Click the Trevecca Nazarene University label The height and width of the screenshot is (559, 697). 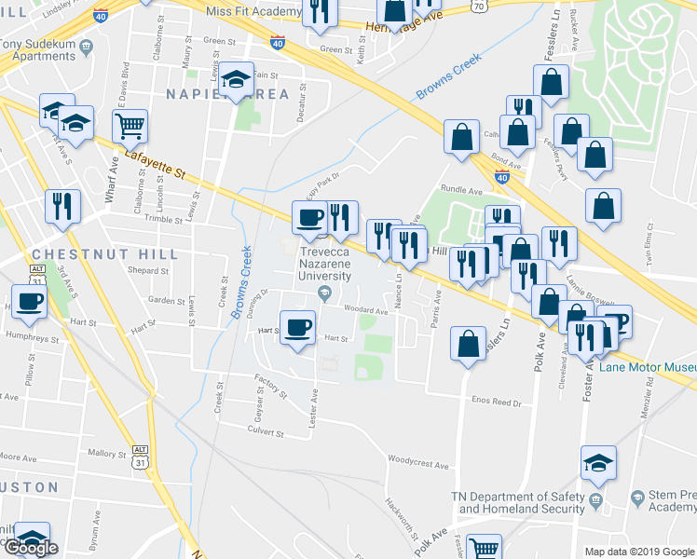pos(324,266)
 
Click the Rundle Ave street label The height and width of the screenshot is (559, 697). pos(461,191)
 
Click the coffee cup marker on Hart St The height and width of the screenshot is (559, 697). pos(298,327)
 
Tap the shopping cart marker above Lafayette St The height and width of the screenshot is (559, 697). pos(131,124)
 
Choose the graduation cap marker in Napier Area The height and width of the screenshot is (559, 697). pos(238,80)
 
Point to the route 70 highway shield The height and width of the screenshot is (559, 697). pos(477,6)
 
